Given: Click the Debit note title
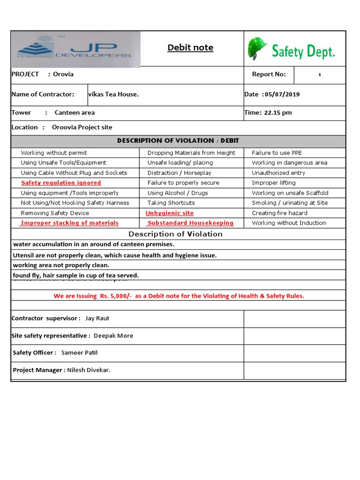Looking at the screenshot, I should click(190, 47).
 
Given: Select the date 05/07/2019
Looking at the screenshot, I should click(283, 94).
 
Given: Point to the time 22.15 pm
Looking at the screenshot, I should click(278, 112).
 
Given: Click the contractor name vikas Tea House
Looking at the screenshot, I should click(113, 94).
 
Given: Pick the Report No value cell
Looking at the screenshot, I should click(320, 75).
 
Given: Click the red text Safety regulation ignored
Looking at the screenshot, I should click(61, 183).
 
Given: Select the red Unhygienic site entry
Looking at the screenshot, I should click(170, 213).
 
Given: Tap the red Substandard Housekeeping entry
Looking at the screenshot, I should click(190, 223).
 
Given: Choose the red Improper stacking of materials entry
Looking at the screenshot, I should click(69, 223).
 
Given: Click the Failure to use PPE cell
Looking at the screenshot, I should click(277, 153).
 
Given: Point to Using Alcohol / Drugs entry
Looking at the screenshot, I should click(178, 193).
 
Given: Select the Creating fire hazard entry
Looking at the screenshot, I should click(279, 213).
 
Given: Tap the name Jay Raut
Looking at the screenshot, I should click(97, 318).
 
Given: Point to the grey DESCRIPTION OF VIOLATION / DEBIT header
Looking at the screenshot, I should click(178, 141).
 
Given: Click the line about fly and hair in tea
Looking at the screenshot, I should click(76, 276).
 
